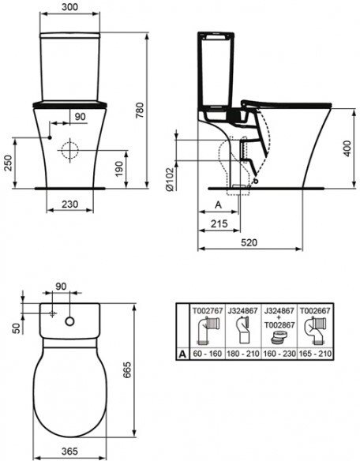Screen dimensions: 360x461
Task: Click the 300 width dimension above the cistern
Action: click(x=70, y=7)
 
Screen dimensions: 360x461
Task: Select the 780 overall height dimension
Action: click(x=140, y=111)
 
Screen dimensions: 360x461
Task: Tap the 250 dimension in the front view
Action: click(x=8, y=163)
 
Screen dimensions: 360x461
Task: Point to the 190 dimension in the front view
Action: click(x=119, y=169)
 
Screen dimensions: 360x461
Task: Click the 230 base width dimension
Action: click(x=70, y=204)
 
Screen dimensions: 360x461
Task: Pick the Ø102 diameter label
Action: click(x=171, y=178)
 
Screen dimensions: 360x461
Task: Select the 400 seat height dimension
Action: click(x=347, y=148)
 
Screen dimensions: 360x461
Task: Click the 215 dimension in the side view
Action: click(x=219, y=223)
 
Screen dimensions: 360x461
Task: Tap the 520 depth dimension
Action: click(x=249, y=242)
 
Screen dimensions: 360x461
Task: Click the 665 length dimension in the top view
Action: click(x=127, y=369)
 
